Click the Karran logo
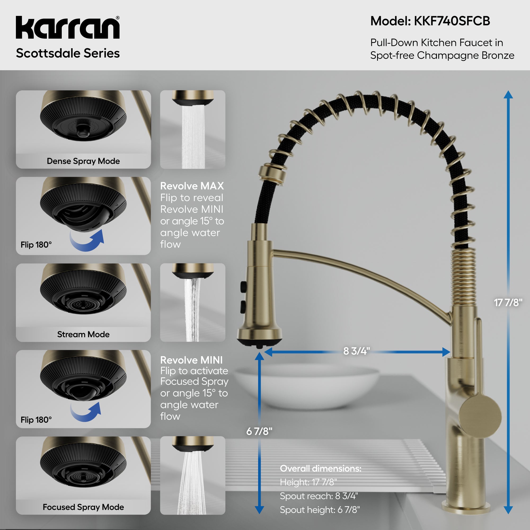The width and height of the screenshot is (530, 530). pos(68,28)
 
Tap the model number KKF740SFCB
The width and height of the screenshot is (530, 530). pos(452,21)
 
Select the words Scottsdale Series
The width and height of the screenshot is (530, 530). pos(68,53)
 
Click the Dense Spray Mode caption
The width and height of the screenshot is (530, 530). pos(83,161)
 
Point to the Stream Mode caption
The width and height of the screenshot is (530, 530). pos(83,334)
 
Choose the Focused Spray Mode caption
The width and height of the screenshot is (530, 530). pos(83,507)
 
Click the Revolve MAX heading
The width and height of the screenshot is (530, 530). pos(192,186)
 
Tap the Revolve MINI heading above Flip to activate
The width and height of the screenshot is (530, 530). pos(191,360)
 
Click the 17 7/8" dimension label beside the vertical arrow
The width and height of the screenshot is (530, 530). pos(508,303)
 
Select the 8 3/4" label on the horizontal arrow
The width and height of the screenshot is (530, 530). pos(356,351)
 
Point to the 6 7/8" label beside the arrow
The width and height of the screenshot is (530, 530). pos(259,431)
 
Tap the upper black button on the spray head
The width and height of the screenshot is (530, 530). pos(243,287)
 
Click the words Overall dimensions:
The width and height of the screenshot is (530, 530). pos(320,468)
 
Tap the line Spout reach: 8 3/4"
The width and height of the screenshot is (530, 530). pos(319,496)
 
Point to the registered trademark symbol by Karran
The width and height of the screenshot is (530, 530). pos(118,18)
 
